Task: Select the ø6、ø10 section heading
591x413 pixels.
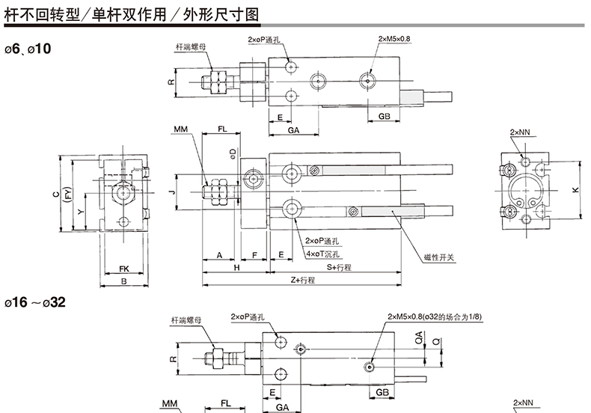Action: click(28, 49)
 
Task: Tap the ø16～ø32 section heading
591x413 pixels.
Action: click(35, 302)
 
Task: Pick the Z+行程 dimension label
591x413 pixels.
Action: click(303, 280)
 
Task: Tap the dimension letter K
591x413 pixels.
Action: click(575, 190)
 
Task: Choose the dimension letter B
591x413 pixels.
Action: click(124, 281)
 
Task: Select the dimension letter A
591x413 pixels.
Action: click(220, 255)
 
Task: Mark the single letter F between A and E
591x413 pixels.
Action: click(255, 255)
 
